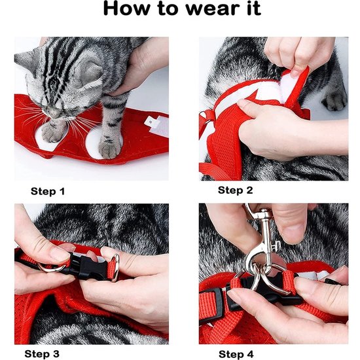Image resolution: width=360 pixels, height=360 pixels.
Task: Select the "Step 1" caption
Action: pos(48,192)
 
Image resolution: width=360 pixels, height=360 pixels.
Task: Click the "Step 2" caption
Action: pos(235,190)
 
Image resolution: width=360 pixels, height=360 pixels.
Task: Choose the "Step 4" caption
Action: pos(236,353)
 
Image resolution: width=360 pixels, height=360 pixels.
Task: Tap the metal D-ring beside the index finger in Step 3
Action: pos(115,269)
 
